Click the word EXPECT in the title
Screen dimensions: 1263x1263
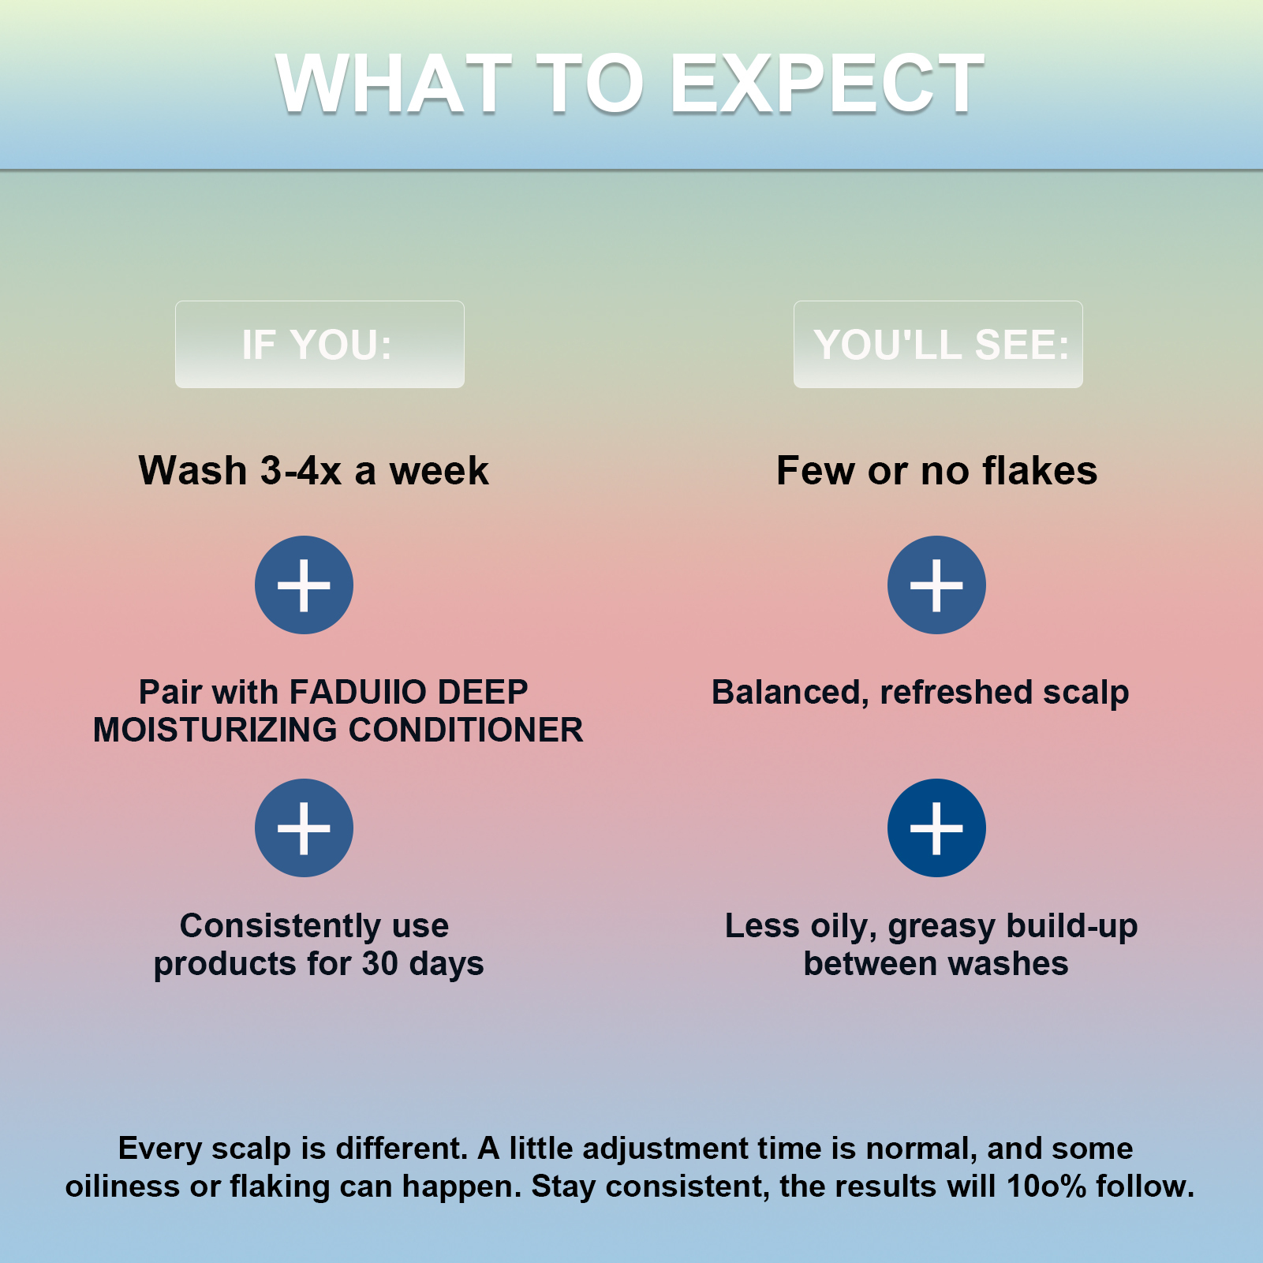coord(827,83)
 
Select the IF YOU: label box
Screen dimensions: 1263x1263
coord(319,344)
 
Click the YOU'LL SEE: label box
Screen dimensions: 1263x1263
coord(938,344)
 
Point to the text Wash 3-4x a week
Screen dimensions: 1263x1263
coord(314,470)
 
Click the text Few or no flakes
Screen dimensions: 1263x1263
coord(937,470)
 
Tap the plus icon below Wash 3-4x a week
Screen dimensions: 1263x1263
coord(304,585)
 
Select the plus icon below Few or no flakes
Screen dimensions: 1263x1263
coord(936,585)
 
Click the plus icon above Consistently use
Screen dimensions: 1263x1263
coord(304,828)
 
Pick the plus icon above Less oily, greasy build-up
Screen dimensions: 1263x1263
coord(936,828)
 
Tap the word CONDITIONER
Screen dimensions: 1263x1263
coord(465,730)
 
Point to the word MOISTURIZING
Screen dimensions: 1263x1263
coord(216,730)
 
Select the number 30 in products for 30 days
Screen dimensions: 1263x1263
coord(380,963)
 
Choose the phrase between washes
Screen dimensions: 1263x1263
coord(936,963)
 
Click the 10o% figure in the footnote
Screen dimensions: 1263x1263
coord(1047,1186)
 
